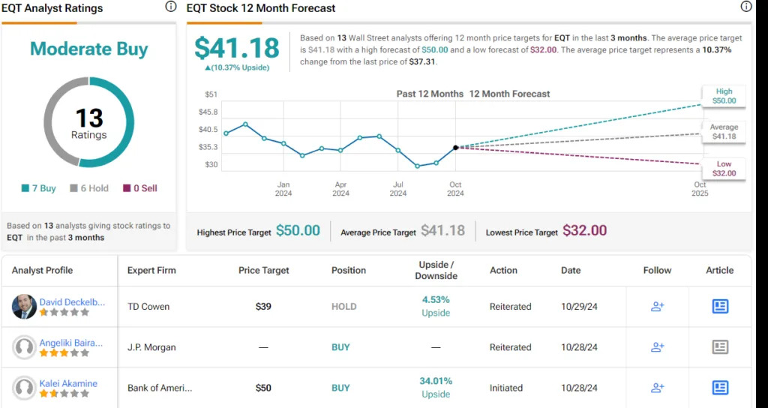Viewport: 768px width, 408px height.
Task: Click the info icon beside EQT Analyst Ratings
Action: (x=170, y=7)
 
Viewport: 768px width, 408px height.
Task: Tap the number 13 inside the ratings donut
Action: (x=89, y=118)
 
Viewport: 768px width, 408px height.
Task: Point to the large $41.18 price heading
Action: (x=236, y=48)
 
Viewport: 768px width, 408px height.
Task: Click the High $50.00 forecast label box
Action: (x=723, y=95)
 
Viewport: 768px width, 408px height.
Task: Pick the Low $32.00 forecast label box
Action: (x=723, y=168)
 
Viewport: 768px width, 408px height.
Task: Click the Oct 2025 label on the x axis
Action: (x=699, y=189)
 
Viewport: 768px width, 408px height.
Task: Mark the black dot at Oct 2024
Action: (x=455, y=147)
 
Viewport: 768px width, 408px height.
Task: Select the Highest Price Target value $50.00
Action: (x=298, y=231)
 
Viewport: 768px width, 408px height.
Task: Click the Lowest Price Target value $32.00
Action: (x=584, y=231)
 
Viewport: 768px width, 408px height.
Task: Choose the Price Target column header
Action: (x=263, y=270)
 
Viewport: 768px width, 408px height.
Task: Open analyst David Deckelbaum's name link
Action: (x=72, y=301)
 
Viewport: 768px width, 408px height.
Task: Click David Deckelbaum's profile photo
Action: (x=24, y=306)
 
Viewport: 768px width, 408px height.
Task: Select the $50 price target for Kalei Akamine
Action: (x=263, y=388)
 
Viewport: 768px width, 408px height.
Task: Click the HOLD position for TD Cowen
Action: (x=344, y=307)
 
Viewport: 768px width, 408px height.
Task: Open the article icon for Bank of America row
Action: (x=720, y=388)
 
